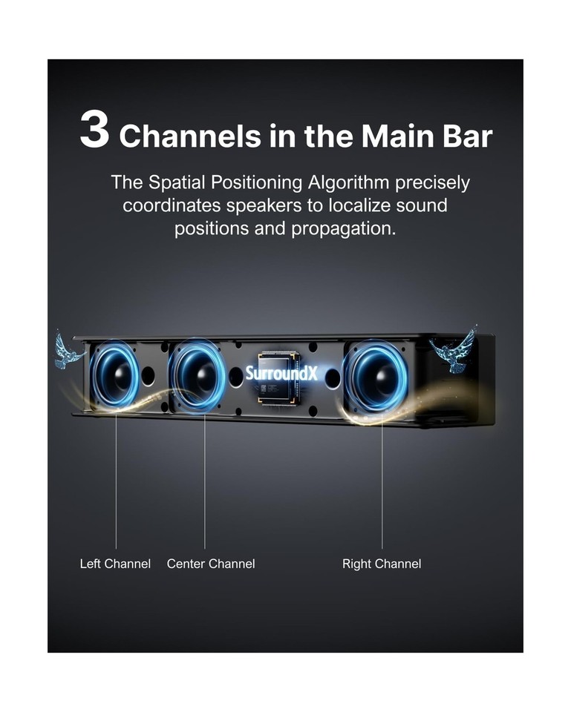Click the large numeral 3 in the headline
tap(94, 129)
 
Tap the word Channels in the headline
tap(190, 135)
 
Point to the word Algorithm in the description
tap(349, 182)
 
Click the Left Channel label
tap(115, 564)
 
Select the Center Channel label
tap(211, 564)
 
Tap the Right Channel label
tap(382, 564)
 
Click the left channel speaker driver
tap(115, 375)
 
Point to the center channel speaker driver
tap(198, 375)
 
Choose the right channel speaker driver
tap(376, 376)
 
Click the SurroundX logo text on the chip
tap(281, 373)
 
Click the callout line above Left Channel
tap(116, 479)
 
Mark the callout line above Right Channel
tap(382, 481)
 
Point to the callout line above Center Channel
tap(205, 481)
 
